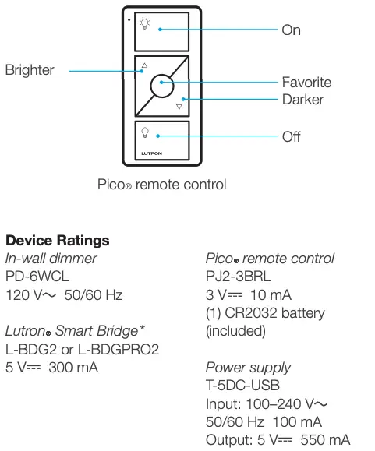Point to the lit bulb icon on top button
coord(144,23)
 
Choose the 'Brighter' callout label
coord(30,70)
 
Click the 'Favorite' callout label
coord(306,82)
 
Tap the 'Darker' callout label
coord(302,100)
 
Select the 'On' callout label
coord(291,30)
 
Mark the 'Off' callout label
coord(291,137)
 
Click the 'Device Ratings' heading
coord(57,241)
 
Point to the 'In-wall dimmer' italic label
coord(51,258)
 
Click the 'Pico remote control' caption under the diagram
coord(161,185)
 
